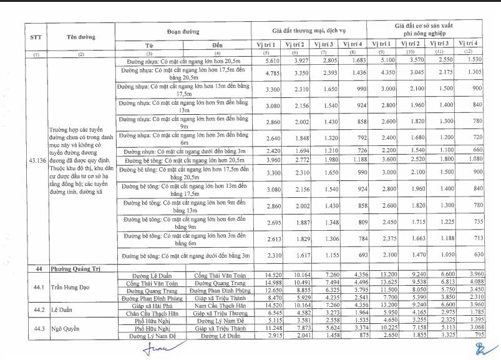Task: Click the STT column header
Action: [36, 37]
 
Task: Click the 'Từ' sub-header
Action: [149, 46]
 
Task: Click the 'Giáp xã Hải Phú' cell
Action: [148, 304]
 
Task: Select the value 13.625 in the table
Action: [381, 282]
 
